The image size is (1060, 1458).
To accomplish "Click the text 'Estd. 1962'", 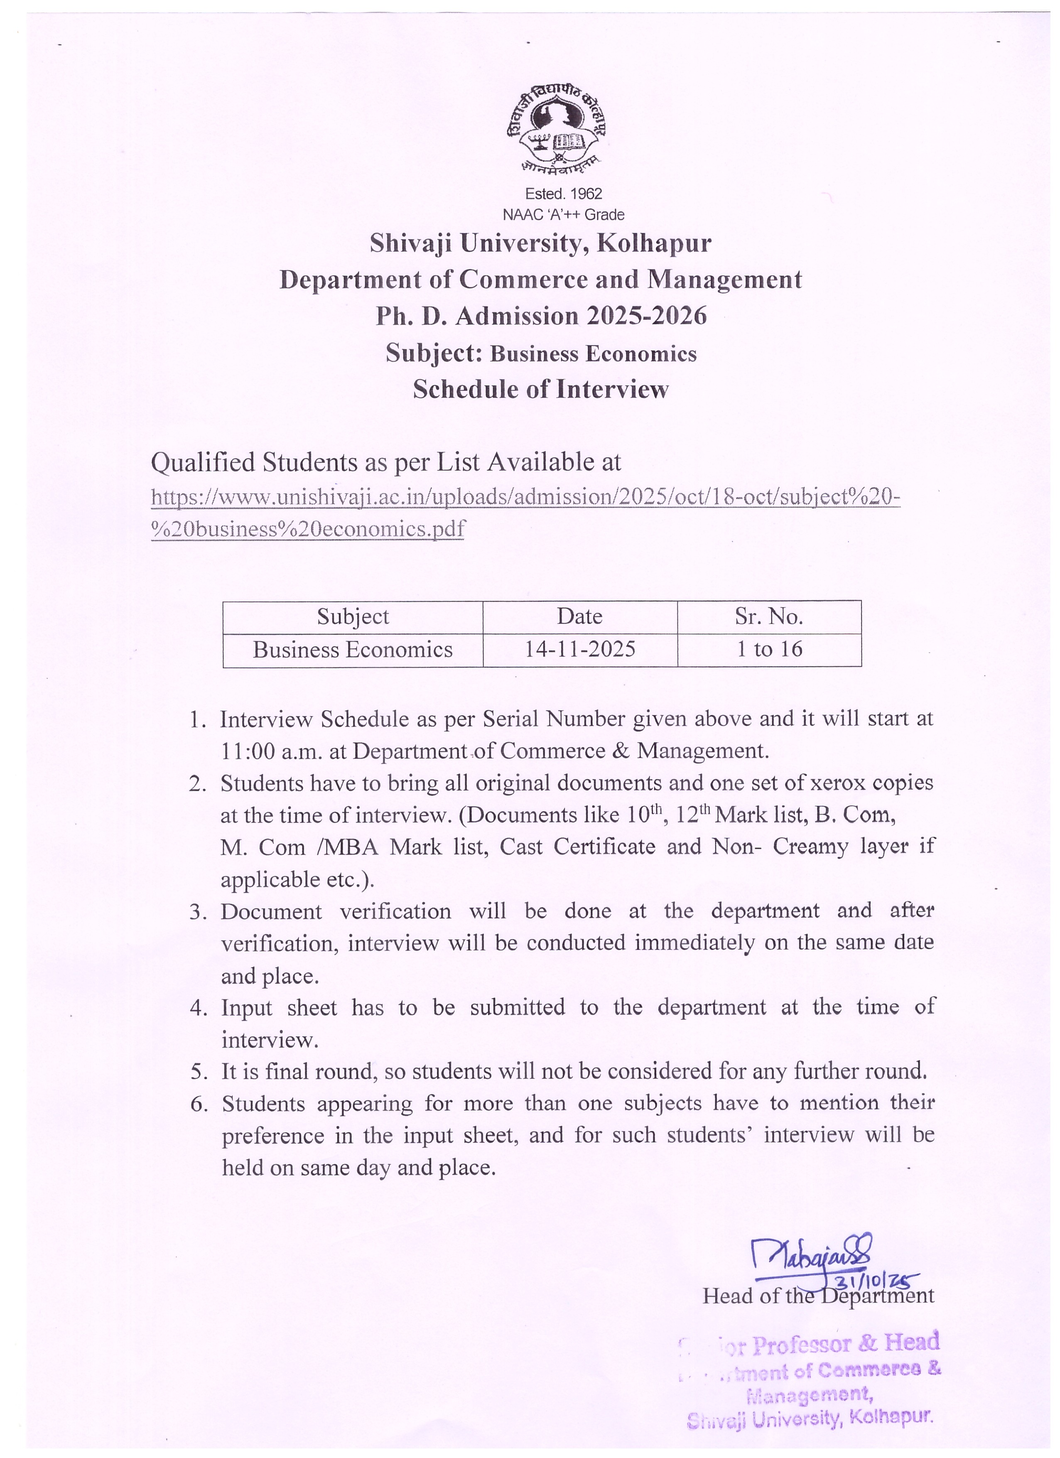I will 563,194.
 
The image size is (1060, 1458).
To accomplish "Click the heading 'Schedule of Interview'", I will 541,390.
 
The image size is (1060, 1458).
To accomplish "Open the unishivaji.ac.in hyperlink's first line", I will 525,496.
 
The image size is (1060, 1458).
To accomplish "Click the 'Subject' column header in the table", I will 353,616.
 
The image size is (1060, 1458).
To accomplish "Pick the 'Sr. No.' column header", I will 769,616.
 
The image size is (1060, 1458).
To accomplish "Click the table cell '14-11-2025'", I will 580,649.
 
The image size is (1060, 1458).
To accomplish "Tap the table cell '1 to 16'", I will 769,649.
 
